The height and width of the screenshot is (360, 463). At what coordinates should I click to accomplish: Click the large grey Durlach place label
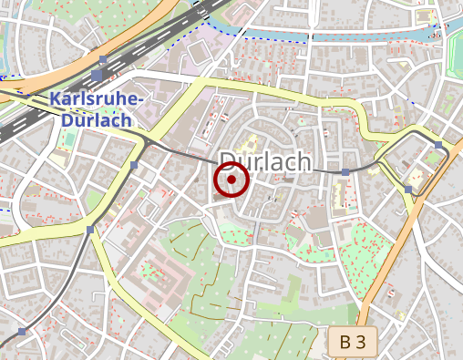266,161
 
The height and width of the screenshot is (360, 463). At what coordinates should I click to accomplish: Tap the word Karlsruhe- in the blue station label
95,99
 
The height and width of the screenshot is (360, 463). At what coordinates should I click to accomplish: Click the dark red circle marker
232,180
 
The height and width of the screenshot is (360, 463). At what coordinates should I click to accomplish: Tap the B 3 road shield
352,343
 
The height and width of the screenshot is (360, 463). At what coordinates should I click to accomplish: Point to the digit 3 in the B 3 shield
361,343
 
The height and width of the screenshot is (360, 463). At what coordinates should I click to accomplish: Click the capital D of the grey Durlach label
230,161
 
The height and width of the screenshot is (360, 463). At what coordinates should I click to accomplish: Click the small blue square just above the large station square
104,61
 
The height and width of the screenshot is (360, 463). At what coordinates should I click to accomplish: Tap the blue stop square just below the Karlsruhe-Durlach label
135,165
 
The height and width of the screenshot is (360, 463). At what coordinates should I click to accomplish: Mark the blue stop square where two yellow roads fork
89,230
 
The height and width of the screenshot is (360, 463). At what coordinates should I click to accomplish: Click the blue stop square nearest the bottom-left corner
21,331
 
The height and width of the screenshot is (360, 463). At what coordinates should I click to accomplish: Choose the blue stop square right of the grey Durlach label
345,171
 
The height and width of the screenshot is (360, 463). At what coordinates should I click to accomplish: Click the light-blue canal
365,36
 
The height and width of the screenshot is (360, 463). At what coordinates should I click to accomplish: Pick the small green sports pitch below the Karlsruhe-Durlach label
69,141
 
